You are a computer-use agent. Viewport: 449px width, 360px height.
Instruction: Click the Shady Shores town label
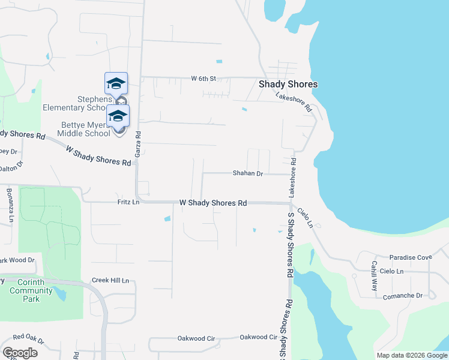(288, 85)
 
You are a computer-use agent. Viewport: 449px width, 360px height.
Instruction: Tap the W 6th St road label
(203, 79)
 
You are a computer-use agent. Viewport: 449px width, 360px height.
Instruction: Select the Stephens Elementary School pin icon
(116, 83)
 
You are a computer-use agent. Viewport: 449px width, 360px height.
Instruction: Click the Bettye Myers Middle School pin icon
(118, 116)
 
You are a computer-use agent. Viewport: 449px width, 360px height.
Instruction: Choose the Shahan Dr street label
(248, 173)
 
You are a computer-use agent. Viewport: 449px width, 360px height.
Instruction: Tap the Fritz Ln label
(128, 203)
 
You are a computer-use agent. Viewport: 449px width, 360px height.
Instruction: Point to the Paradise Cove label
(411, 257)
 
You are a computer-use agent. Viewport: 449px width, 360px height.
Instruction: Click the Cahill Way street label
(373, 275)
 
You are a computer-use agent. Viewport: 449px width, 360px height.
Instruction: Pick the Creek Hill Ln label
(110, 280)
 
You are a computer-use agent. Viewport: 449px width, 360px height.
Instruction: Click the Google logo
(20, 353)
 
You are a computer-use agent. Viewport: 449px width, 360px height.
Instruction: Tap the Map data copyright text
(411, 355)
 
